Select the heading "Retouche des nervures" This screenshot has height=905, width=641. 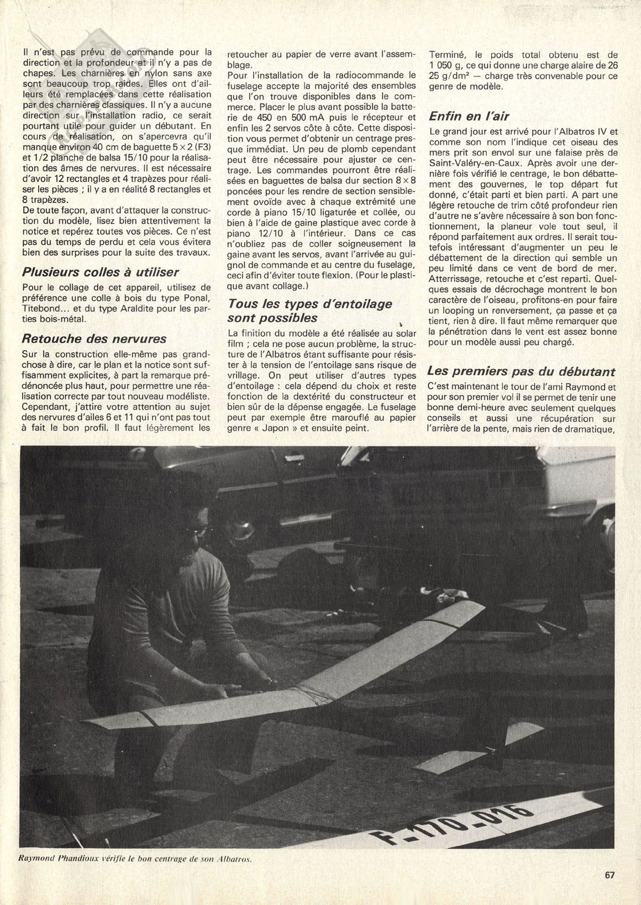tap(94, 338)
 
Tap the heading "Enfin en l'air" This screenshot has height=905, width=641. tap(469, 117)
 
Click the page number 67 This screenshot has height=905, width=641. tap(610, 875)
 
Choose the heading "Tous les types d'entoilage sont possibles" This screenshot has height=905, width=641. tap(310, 311)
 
